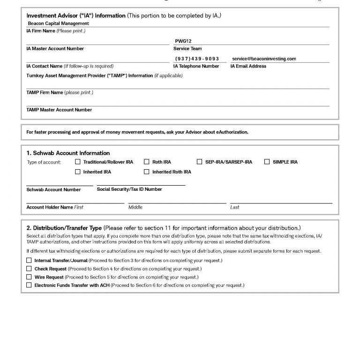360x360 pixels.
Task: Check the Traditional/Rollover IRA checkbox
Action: click(78, 162)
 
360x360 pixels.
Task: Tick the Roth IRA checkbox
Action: click(147, 162)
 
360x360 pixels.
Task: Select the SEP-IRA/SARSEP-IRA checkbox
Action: click(200, 162)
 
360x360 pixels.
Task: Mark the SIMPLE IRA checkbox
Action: click(267, 162)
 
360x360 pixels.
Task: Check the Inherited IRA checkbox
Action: click(78, 172)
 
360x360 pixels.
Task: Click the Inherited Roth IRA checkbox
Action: click(147, 172)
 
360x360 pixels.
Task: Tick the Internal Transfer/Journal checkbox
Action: click(29, 260)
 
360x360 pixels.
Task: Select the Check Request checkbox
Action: click(29, 269)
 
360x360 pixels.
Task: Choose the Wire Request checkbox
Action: click(29, 277)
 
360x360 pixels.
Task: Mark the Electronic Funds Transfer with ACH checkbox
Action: click(29, 285)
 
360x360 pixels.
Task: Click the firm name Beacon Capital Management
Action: click(58, 23)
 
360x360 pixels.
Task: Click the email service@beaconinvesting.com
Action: click(264, 59)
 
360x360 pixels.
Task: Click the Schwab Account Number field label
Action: click(53, 190)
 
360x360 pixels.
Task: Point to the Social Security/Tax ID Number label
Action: click(129, 189)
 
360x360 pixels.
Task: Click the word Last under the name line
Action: click(234, 207)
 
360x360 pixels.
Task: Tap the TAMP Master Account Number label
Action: click(59, 110)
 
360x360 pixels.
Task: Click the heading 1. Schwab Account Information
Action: click(68, 153)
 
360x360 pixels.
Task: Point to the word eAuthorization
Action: click(230, 132)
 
